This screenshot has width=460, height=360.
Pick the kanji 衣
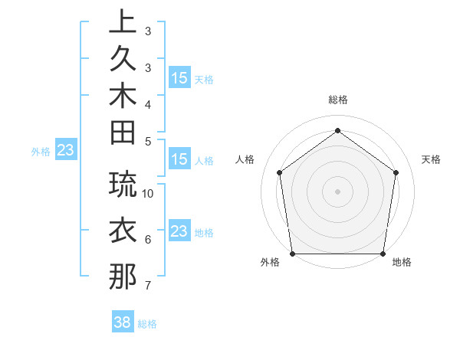click(x=123, y=230)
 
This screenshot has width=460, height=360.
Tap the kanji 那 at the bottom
click(x=123, y=276)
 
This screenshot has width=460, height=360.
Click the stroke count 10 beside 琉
click(x=148, y=193)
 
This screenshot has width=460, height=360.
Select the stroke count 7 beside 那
click(x=147, y=286)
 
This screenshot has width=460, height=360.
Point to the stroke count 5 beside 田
click(x=147, y=140)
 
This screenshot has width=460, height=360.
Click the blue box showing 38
click(x=123, y=323)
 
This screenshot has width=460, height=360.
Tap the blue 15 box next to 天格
click(x=179, y=78)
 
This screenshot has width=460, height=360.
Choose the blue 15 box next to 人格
click(x=179, y=160)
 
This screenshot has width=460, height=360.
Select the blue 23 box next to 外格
click(x=65, y=151)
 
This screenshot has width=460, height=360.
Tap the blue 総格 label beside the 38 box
click(x=147, y=324)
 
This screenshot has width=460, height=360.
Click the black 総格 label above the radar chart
click(x=337, y=100)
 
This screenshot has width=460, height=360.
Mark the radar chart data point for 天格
click(x=396, y=172)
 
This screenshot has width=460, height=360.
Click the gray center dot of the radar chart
click(x=337, y=191)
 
